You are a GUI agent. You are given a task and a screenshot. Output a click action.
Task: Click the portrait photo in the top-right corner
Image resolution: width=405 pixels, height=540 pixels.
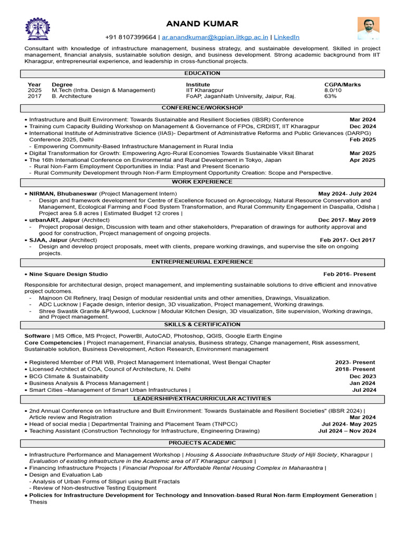(x=368, y=28)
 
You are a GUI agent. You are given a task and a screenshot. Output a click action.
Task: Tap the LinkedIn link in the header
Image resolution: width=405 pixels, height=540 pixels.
(x=286, y=37)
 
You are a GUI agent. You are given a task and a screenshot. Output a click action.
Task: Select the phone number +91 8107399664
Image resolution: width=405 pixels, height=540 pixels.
(x=131, y=37)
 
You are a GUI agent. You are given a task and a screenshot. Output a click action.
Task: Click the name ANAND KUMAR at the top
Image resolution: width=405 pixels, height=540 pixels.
(x=202, y=24)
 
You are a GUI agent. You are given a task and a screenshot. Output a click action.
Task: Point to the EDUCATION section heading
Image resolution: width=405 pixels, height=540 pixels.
(x=202, y=73)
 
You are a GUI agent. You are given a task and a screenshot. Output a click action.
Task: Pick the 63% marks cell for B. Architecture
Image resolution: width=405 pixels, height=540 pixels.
(x=331, y=97)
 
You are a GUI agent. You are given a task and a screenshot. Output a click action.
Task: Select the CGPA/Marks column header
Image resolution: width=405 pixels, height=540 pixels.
(x=343, y=84)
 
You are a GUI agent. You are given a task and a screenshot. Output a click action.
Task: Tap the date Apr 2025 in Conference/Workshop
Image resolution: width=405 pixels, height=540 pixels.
(x=362, y=160)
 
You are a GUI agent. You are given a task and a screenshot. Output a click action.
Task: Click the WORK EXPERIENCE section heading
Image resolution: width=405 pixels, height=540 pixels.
(x=202, y=182)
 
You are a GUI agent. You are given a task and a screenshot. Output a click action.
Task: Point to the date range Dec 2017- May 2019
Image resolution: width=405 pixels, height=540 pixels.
(x=347, y=220)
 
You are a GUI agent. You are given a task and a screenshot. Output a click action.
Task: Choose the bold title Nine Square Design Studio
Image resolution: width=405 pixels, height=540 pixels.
(x=69, y=274)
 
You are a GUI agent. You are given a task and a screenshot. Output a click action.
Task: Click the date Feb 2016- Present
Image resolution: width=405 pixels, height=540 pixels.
(x=350, y=274)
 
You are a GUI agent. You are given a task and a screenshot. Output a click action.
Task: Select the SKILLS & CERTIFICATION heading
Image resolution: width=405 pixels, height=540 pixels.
(x=202, y=324)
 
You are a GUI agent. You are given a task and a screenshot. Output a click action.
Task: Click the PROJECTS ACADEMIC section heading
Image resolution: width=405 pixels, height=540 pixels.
(x=202, y=443)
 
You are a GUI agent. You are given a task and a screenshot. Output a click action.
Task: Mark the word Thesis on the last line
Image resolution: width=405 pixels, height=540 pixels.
(x=38, y=502)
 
